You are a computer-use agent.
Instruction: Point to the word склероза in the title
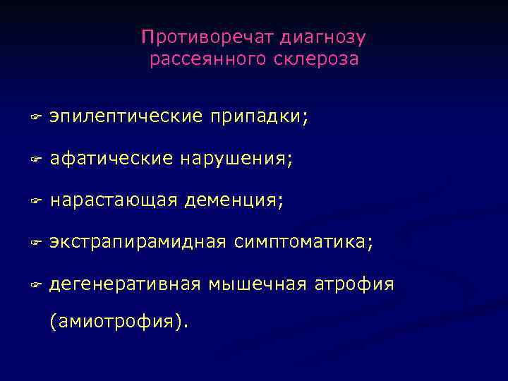pos(321,59)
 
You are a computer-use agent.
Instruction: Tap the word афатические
pos(111,159)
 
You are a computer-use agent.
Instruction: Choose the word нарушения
pos(236,159)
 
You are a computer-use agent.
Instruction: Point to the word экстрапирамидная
pos(138,243)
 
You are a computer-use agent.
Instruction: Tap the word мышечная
pos(258,284)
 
